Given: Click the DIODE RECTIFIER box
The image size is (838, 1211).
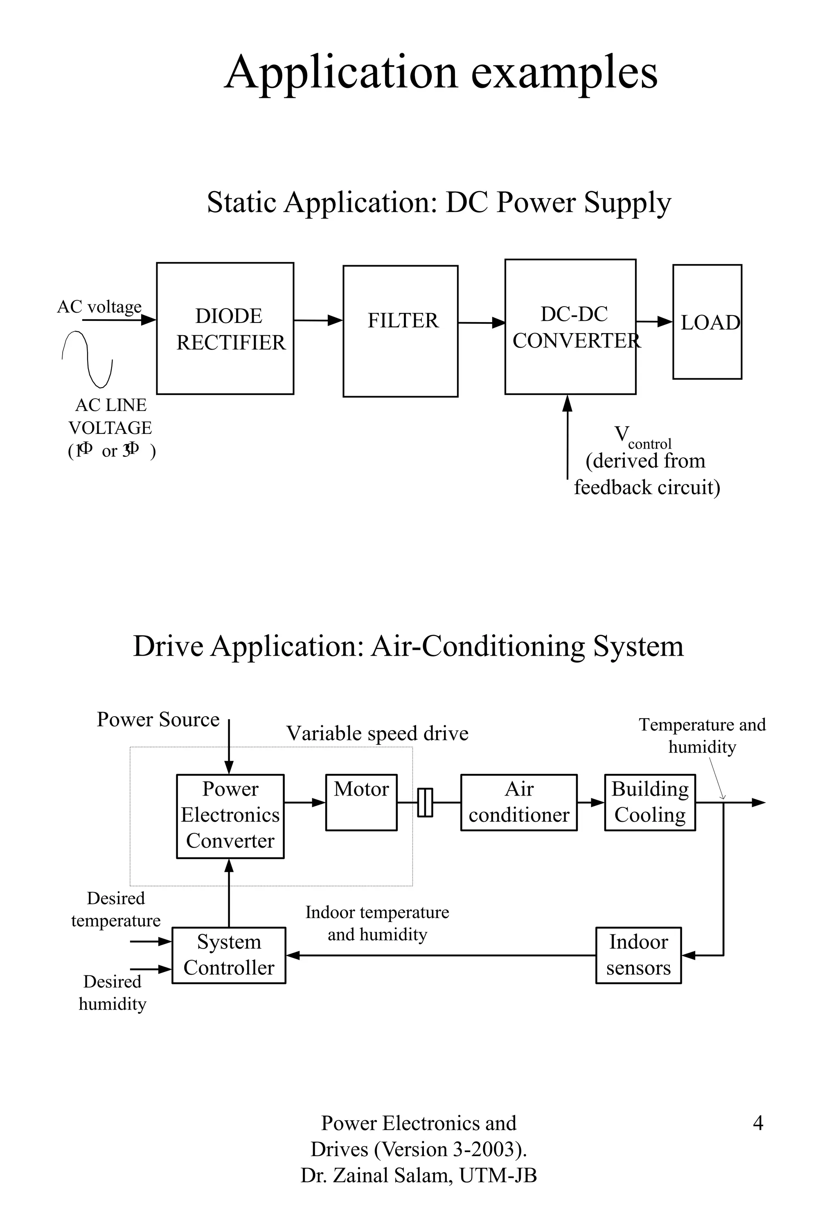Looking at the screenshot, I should tap(225, 329).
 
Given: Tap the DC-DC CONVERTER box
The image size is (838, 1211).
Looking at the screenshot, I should tap(570, 327).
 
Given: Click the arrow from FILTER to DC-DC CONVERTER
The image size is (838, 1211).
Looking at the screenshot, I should tap(481, 322).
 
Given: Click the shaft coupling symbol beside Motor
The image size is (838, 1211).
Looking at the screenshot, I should tap(425, 803).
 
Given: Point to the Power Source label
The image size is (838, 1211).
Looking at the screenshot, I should tap(158, 719).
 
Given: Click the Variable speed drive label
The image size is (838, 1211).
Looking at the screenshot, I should tap(377, 733).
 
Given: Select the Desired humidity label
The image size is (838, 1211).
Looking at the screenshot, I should tap(113, 992).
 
